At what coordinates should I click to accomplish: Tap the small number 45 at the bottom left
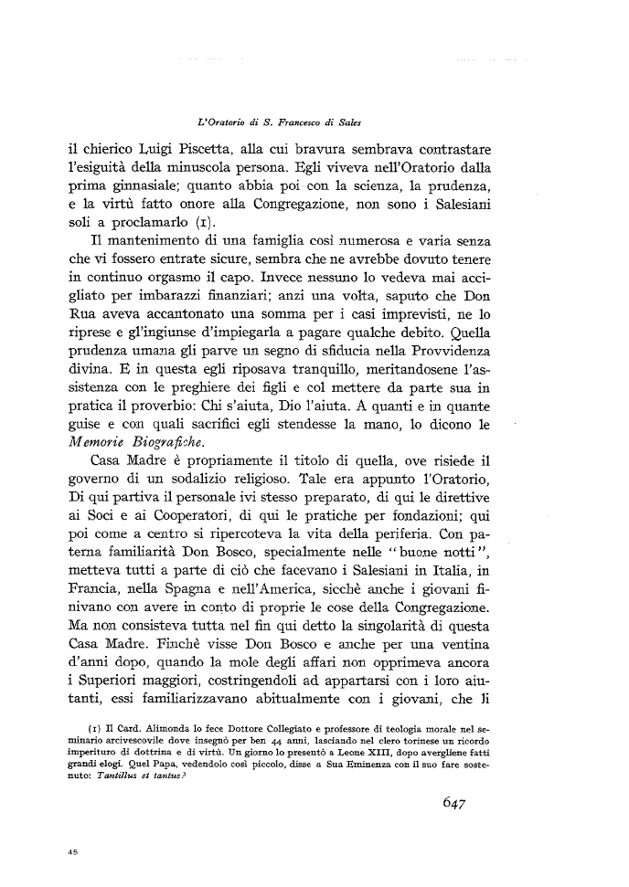[71, 850]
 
